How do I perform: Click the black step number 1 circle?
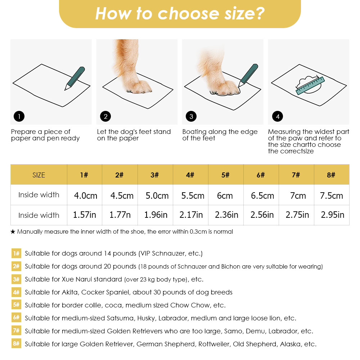pyautogui.click(x=19, y=116)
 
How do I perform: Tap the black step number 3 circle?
pyautogui.click(x=191, y=116)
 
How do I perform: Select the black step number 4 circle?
pyautogui.click(x=277, y=116)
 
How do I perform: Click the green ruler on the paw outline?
pyautogui.click(x=310, y=86)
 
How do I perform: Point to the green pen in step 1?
pyautogui.click(x=75, y=78)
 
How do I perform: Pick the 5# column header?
pyautogui.click(x=225, y=175)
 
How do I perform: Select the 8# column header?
pyautogui.click(x=331, y=175)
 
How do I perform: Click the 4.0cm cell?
pyautogui.click(x=85, y=195)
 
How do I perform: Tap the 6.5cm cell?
pyautogui.click(x=262, y=195)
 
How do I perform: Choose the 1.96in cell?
pyautogui.click(x=156, y=215)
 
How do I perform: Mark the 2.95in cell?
pyautogui.click(x=332, y=215)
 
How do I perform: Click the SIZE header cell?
pyautogui.click(x=39, y=175)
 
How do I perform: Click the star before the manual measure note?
pyautogui.click(x=13, y=231)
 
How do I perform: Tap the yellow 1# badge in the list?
pyautogui.click(x=16, y=253)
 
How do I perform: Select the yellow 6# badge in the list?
pyautogui.click(x=16, y=318)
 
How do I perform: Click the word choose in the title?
pyautogui.click(x=188, y=14)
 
